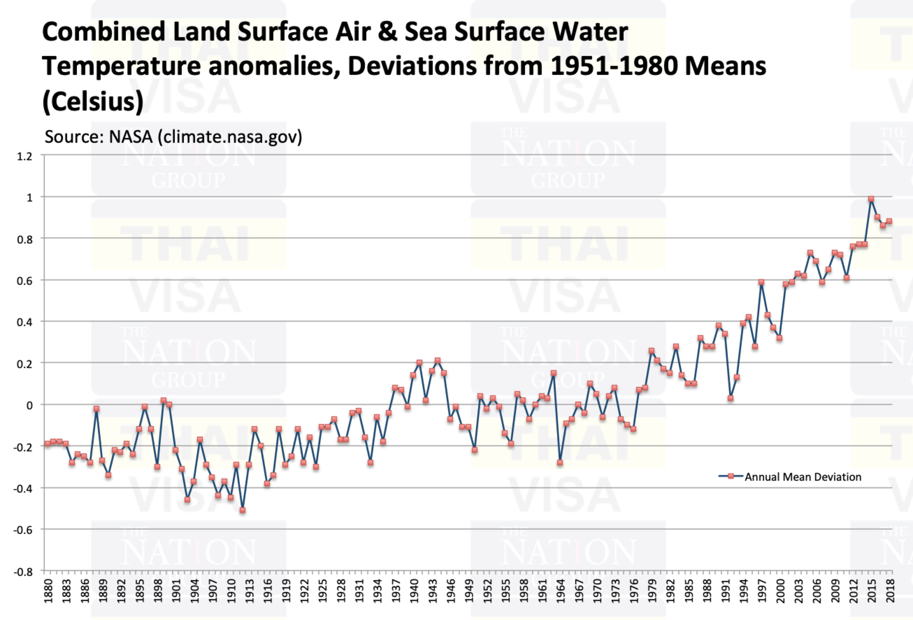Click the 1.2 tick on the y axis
[25, 157]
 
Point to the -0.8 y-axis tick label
[23, 572]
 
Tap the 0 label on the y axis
[29, 405]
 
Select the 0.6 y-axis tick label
[25, 281]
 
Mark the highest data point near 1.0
[871, 199]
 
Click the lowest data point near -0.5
[242, 510]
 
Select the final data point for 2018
[889, 221]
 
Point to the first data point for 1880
[47, 443]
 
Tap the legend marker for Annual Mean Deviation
[731, 476]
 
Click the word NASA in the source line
[131, 137]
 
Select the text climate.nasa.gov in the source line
[230, 137]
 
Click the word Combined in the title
[104, 32]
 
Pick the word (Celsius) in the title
[93, 101]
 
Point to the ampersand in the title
[387, 32]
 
